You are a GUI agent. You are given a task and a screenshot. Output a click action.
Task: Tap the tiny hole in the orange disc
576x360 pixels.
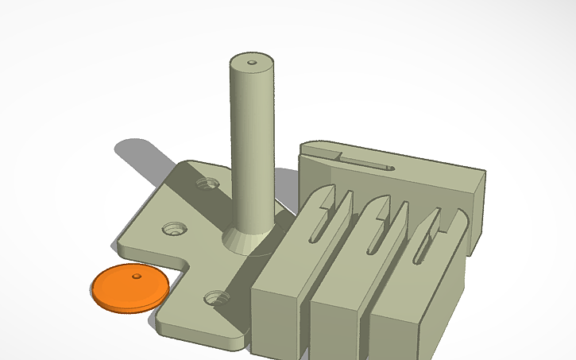[x=137, y=277]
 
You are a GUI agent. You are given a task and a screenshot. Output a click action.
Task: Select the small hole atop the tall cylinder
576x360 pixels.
[x=253, y=61]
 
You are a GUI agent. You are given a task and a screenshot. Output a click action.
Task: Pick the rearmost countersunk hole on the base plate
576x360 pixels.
[x=209, y=184]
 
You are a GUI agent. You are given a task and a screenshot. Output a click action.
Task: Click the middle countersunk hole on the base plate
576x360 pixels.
[x=175, y=229]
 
